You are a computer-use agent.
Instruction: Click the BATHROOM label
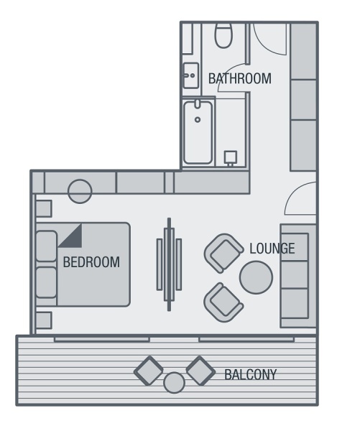point(239,78)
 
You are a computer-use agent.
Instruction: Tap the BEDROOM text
point(91,262)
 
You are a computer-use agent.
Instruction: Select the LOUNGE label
point(272,249)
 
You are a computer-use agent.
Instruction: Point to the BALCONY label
point(250,374)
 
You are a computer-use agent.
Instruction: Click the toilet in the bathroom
point(223,35)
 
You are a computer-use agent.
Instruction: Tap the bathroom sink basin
point(191,75)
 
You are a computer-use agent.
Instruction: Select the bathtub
point(198,132)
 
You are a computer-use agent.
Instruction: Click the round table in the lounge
point(256,277)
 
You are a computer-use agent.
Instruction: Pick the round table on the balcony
point(174,382)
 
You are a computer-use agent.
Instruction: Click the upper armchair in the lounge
point(223,254)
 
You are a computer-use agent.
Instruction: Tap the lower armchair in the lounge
point(223,302)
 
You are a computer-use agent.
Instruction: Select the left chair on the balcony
point(149,371)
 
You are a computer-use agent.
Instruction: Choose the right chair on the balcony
point(200,371)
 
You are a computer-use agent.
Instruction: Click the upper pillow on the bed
point(47,246)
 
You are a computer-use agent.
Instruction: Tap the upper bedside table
point(44,208)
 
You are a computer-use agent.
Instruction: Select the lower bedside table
point(44,320)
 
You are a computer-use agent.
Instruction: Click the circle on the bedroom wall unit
point(80,191)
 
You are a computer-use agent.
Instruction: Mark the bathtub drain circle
point(198,119)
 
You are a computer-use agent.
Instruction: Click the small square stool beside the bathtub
point(231,157)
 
